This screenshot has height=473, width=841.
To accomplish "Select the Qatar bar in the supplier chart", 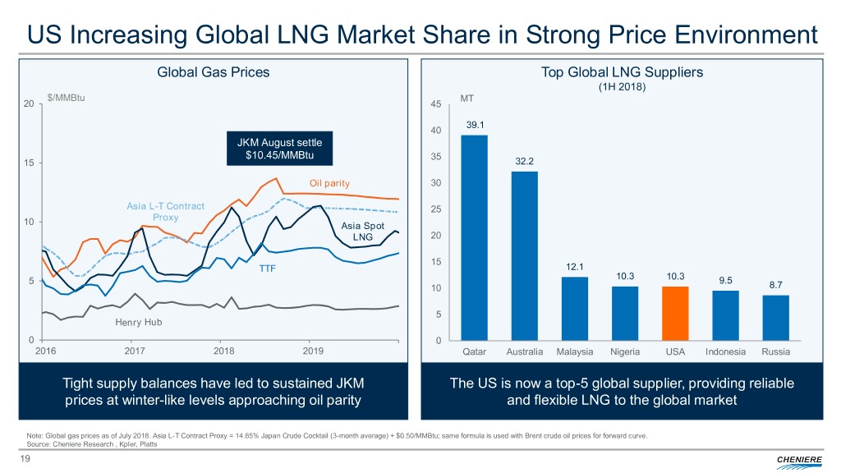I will pos(474,237).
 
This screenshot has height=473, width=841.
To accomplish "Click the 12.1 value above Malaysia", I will pos(574,267).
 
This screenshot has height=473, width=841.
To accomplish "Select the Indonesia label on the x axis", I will pos(725,351).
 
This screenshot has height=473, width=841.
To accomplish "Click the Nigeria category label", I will pos(625,351).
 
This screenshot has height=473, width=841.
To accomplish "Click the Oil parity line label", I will pos(330,182).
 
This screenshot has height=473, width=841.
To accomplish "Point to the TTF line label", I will pos(269,268).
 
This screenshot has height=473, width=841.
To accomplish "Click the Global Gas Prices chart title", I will pos(213,72).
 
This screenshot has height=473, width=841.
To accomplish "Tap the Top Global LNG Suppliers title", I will pos(622,72).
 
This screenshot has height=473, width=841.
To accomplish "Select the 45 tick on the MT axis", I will pos(435,104).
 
